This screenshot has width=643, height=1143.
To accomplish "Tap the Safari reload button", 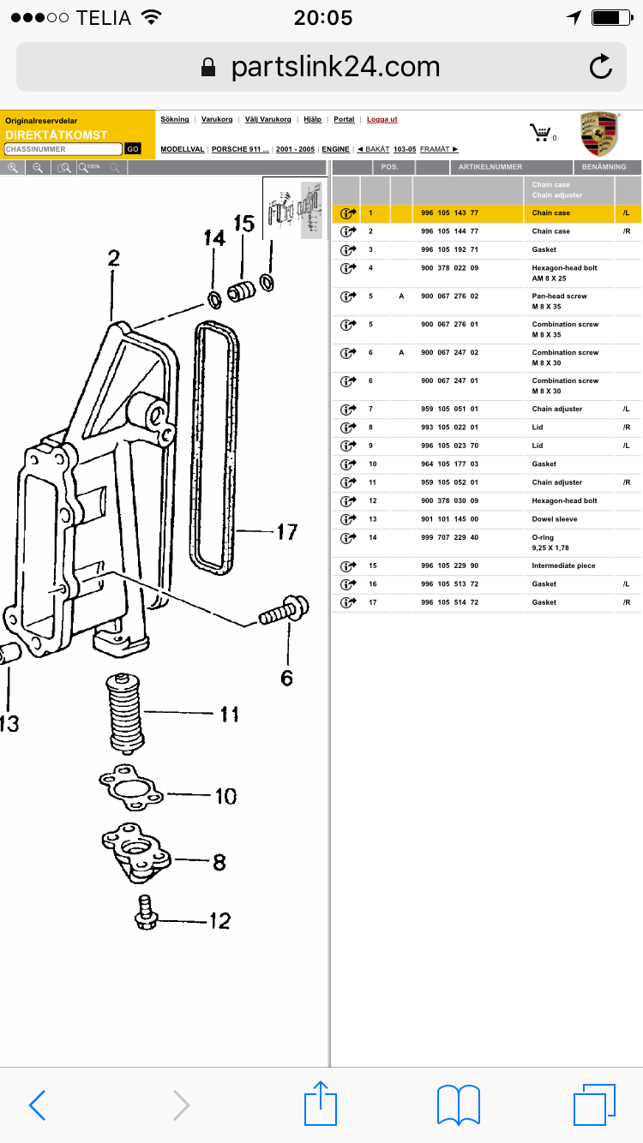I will click(601, 67).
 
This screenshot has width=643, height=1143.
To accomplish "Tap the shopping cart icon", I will click(540, 133).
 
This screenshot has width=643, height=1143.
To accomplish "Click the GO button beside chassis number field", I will click(133, 149).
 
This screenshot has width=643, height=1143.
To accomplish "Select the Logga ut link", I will click(382, 119).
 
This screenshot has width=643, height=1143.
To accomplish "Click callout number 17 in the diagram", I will click(286, 532).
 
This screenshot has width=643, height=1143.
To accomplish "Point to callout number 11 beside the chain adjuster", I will click(229, 713).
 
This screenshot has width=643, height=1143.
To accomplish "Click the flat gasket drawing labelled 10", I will click(130, 788).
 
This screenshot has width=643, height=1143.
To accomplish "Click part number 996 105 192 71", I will click(450, 249).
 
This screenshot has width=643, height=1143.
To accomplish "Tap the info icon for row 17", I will click(347, 602).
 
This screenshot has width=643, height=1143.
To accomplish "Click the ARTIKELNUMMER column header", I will click(490, 167).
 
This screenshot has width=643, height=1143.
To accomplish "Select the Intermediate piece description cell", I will click(563, 566).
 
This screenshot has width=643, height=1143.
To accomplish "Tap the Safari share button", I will click(321, 1104).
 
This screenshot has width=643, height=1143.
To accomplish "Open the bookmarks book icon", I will click(458, 1104).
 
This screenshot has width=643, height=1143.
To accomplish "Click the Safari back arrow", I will click(37, 1105).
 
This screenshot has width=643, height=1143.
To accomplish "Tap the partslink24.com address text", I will click(334, 67).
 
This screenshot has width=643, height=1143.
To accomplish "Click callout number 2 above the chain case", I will click(113, 258).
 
